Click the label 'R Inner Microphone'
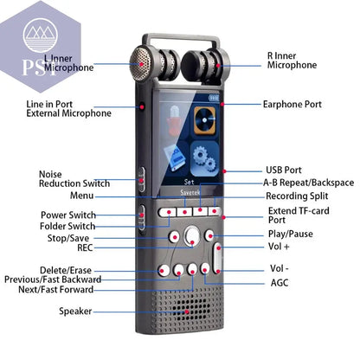click(x=292, y=60)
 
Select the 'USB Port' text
click(x=283, y=170)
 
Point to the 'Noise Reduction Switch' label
click(x=74, y=179)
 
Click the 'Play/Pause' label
click(x=290, y=234)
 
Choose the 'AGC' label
click(x=280, y=283)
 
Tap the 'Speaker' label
click(x=75, y=311)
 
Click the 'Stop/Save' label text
click(x=68, y=237)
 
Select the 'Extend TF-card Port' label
click(x=299, y=215)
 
